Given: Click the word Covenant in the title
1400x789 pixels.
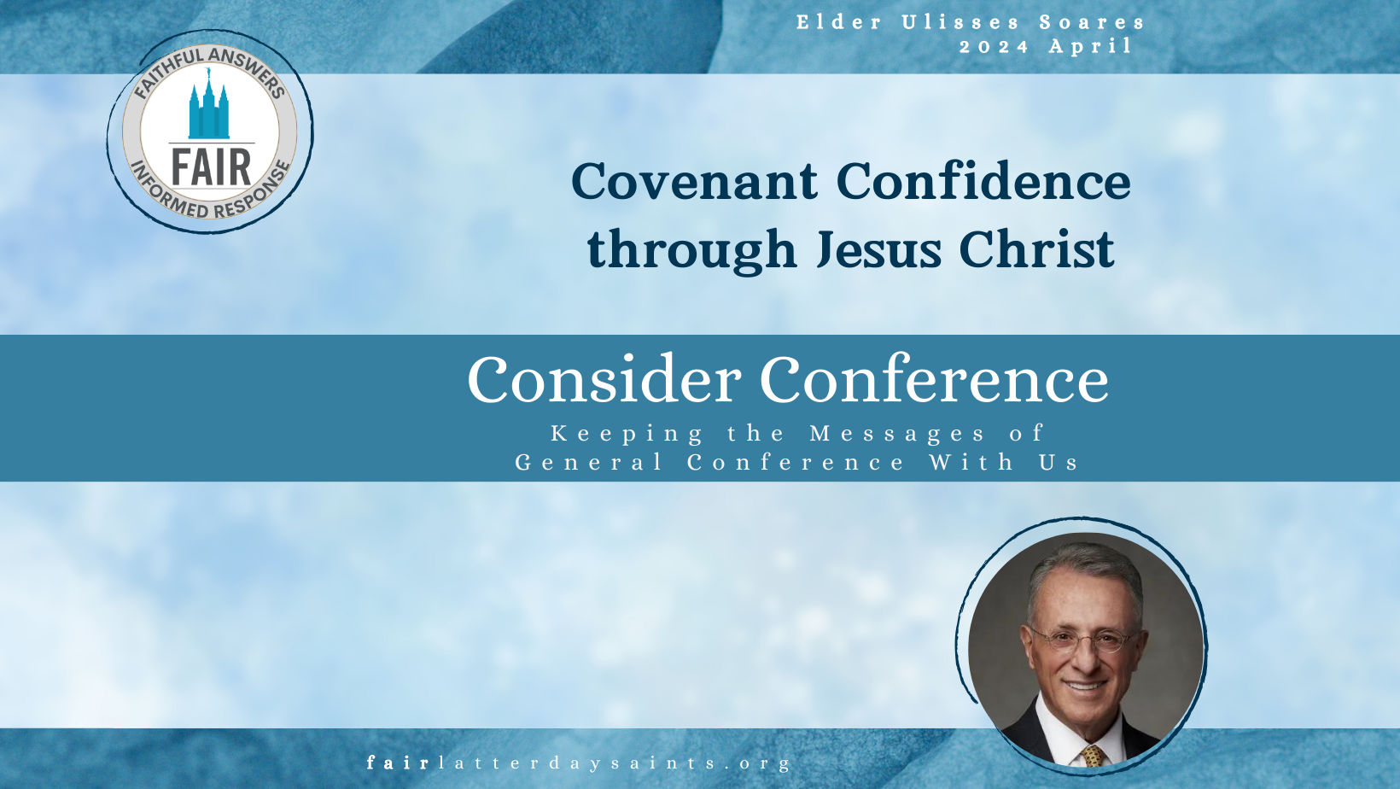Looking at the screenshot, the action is pyautogui.click(x=694, y=181).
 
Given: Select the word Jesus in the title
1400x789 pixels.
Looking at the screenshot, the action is pyautogui.click(x=878, y=249).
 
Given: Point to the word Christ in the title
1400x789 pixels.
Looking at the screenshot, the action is pyautogui.click(x=1036, y=248).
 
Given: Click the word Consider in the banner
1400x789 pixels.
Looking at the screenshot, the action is pyautogui.click(x=604, y=380).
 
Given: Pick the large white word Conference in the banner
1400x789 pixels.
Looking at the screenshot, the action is pyautogui.click(x=934, y=380).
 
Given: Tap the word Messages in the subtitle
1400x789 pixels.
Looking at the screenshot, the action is pyautogui.click(x=897, y=433).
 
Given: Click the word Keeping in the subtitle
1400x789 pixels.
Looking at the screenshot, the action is pyautogui.click(x=627, y=434).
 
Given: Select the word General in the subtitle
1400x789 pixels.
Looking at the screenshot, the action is pyautogui.click(x=589, y=463).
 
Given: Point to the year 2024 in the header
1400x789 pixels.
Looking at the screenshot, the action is pyautogui.click(x=994, y=47).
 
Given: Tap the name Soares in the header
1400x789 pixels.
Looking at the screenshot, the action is pyautogui.click(x=1092, y=22).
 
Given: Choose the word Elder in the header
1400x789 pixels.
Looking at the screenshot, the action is pyautogui.click(x=839, y=22).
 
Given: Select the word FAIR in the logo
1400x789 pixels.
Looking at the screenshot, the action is pyautogui.click(x=211, y=167).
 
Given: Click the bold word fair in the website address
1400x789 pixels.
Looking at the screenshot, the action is pyautogui.click(x=398, y=763).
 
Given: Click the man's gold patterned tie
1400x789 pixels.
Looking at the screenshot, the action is pyautogui.click(x=1093, y=755).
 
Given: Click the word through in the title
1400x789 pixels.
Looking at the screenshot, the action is pyautogui.click(x=692, y=249).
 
